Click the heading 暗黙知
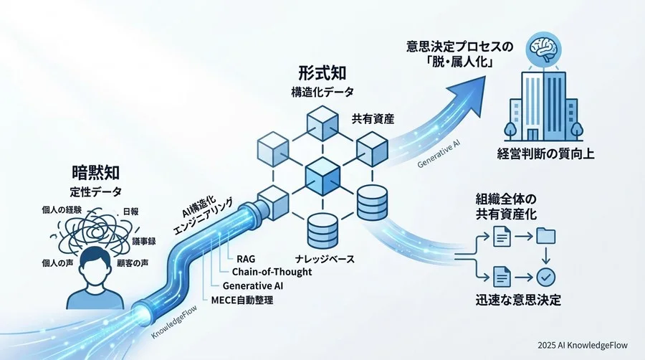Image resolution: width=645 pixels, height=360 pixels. click(x=96, y=173)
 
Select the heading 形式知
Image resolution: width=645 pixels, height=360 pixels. click(x=322, y=73)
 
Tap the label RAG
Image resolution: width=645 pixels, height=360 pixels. click(x=246, y=259)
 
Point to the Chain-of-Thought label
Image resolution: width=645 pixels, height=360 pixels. click(x=272, y=272)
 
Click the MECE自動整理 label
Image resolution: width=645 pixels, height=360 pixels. click(x=242, y=300)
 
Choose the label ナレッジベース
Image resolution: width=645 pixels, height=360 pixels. click(x=325, y=259)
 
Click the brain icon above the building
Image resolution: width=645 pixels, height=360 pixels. click(x=543, y=48)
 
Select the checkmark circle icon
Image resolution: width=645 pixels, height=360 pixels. click(x=546, y=277)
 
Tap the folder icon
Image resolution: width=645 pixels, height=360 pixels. click(x=546, y=237)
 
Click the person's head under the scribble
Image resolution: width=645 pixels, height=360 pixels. click(x=95, y=267)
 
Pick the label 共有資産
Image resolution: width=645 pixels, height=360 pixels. click(x=373, y=119)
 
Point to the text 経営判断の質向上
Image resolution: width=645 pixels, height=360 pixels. click(x=545, y=154)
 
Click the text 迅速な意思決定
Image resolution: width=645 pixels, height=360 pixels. click(x=518, y=300)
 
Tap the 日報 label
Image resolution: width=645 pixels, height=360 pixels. click(x=131, y=212)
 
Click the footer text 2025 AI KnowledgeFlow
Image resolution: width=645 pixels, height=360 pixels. click(x=583, y=345)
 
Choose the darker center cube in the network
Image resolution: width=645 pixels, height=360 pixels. click(x=323, y=176)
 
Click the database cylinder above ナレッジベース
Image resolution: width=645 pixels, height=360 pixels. click(x=322, y=230)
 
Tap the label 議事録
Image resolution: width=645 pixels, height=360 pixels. click(x=143, y=242)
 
